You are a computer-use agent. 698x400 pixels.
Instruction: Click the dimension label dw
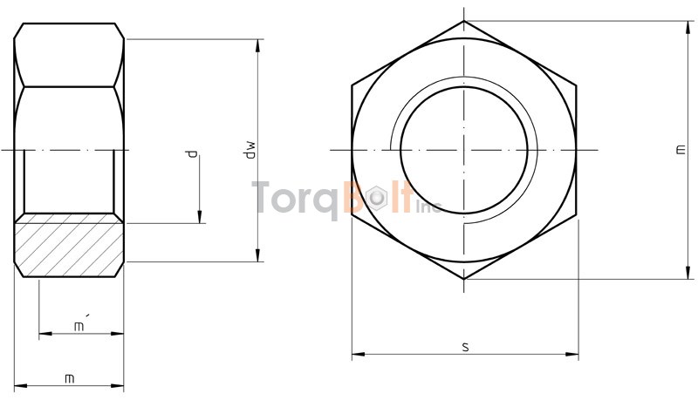click(x=249, y=149)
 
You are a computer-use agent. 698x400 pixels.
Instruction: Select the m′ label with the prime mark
click(x=79, y=325)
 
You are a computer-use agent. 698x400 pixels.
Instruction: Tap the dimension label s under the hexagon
click(x=465, y=347)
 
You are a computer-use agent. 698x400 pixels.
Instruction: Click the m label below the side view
click(x=70, y=378)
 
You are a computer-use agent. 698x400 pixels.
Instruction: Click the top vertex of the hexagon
click(x=463, y=21)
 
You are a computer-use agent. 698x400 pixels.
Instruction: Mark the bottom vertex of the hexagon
click(x=463, y=279)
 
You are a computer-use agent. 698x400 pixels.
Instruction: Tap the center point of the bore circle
click(x=463, y=150)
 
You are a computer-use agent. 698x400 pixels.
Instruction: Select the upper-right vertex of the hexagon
click(x=576, y=85)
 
